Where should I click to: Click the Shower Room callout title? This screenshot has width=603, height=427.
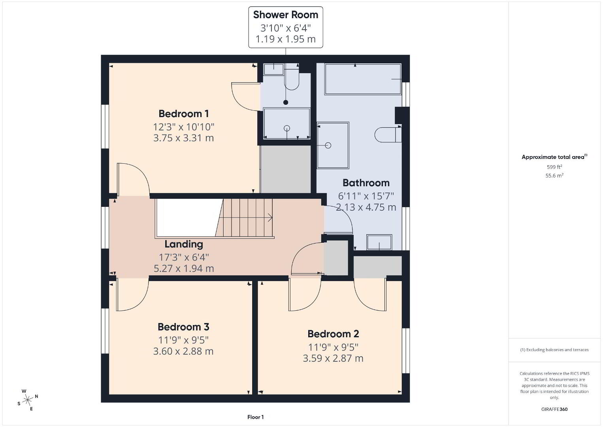coord(286,15)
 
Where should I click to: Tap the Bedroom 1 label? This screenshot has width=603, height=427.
coord(184,114)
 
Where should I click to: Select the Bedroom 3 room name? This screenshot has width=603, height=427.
coord(183,327)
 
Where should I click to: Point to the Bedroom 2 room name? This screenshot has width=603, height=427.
coord(333,334)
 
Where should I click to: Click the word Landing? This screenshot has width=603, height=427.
coord(184,244)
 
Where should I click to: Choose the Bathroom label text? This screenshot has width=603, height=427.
coord(366,183)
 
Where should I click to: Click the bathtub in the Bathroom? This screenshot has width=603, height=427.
coord(363,79)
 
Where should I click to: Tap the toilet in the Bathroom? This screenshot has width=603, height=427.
coord(388,134)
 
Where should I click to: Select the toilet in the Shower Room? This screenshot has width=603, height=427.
coord(292,79)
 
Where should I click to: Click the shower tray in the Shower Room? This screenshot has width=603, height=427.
coord(287,123)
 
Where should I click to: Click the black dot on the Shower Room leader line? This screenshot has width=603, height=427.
coord(286,102)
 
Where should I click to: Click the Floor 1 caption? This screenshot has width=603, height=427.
coord(256,417)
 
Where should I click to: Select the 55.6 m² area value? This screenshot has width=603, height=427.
coord(554,176)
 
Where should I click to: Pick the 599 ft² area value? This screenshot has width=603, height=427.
coord(554,167)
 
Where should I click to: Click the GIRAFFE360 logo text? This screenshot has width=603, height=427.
coord(554,409)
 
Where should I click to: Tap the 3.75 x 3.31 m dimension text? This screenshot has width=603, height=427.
coord(184,138)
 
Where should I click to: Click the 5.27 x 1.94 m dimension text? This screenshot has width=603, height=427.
coord(184,268)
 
